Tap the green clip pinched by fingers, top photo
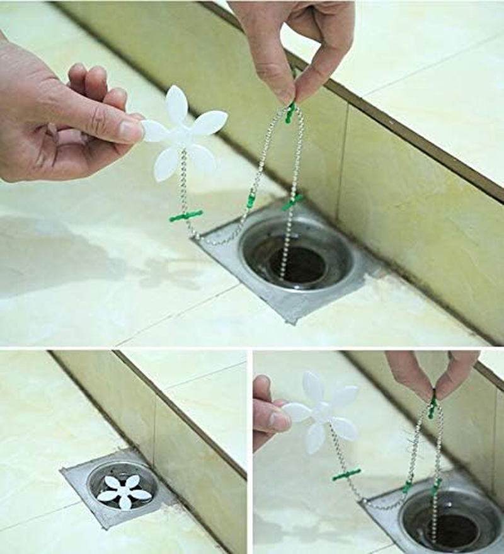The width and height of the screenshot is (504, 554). pos(290,112)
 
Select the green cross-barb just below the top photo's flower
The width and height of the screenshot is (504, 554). pos(186,216)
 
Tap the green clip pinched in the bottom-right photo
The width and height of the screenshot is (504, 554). pos(433,404)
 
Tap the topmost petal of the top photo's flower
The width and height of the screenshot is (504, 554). pos(176,102)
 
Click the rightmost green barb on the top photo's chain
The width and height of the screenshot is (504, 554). pos(293,202)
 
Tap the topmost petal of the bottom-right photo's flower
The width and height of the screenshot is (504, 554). pos(313,386)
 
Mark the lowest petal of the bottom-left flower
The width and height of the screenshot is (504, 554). pos(125,502)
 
